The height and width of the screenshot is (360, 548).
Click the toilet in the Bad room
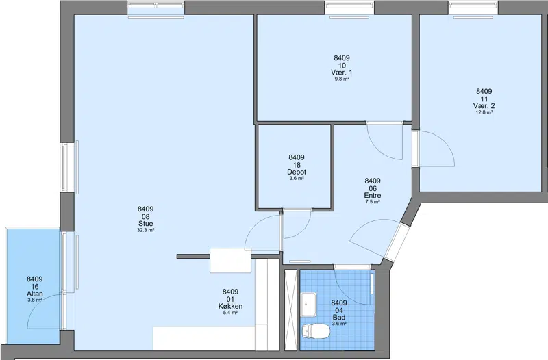[x=316, y=331]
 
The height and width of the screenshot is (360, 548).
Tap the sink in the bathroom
[x=309, y=305]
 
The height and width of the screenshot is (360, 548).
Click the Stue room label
[x=146, y=224]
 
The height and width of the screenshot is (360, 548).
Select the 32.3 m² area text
[x=146, y=230]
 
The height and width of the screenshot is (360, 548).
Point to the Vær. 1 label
[x=342, y=73]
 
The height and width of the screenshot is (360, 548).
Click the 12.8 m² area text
[x=484, y=112]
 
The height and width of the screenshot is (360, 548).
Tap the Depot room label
[x=297, y=172]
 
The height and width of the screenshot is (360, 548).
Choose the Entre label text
[x=373, y=195]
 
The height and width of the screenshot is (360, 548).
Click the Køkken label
[x=230, y=306]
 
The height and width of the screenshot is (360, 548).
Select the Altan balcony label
[x=35, y=294]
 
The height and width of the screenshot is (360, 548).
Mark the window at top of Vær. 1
[x=349, y=8]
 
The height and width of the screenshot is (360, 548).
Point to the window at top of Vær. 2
[x=473, y=8]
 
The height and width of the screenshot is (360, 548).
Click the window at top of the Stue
[x=156, y=8]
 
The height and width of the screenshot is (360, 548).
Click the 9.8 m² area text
[x=342, y=79]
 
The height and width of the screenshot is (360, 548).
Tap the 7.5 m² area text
[x=373, y=202]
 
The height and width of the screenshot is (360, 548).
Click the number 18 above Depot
[x=297, y=165]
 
